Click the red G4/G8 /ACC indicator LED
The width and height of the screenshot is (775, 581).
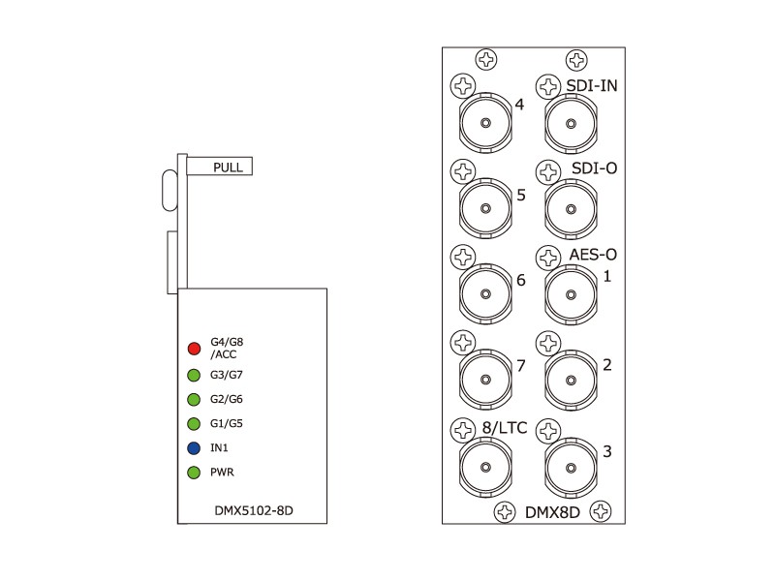pyautogui.click(x=195, y=349)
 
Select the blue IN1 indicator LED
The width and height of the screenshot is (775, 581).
pyautogui.click(x=194, y=448)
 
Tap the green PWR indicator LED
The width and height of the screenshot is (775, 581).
pyautogui.click(x=194, y=473)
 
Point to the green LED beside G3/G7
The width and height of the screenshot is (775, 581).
pyautogui.click(x=194, y=375)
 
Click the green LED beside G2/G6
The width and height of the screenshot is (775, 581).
pyautogui.click(x=194, y=399)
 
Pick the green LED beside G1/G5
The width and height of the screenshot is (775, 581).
pyautogui.click(x=194, y=423)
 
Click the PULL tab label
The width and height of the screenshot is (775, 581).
pyautogui.click(x=228, y=167)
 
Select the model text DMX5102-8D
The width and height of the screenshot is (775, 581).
pyautogui.click(x=254, y=510)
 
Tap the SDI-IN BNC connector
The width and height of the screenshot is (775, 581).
pyautogui.click(x=571, y=123)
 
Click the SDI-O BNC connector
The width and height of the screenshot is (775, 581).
pyautogui.click(x=571, y=209)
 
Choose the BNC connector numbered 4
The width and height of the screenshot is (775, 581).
pyautogui.click(x=486, y=123)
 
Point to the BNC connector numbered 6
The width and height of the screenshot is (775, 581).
pyautogui.click(x=486, y=294)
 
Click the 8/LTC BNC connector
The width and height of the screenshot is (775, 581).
pyautogui.click(x=486, y=467)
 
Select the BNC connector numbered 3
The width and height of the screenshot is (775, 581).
pyautogui.click(x=571, y=467)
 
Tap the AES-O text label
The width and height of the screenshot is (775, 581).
pyautogui.click(x=593, y=255)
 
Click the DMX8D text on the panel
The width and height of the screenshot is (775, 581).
pyautogui.click(x=552, y=512)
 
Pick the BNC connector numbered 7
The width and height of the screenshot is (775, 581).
pyautogui.click(x=486, y=380)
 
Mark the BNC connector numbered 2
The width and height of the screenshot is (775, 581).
pyautogui.click(x=571, y=380)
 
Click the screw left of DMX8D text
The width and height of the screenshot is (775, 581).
pyautogui.click(x=505, y=512)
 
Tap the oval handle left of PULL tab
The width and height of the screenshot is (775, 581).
pyautogui.click(x=170, y=190)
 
